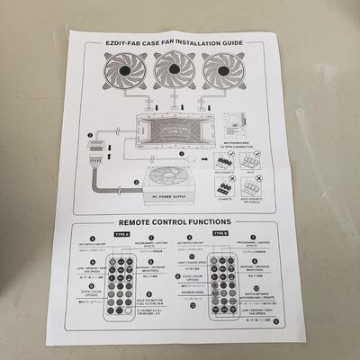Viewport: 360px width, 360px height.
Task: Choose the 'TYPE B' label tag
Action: tap(220, 233)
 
